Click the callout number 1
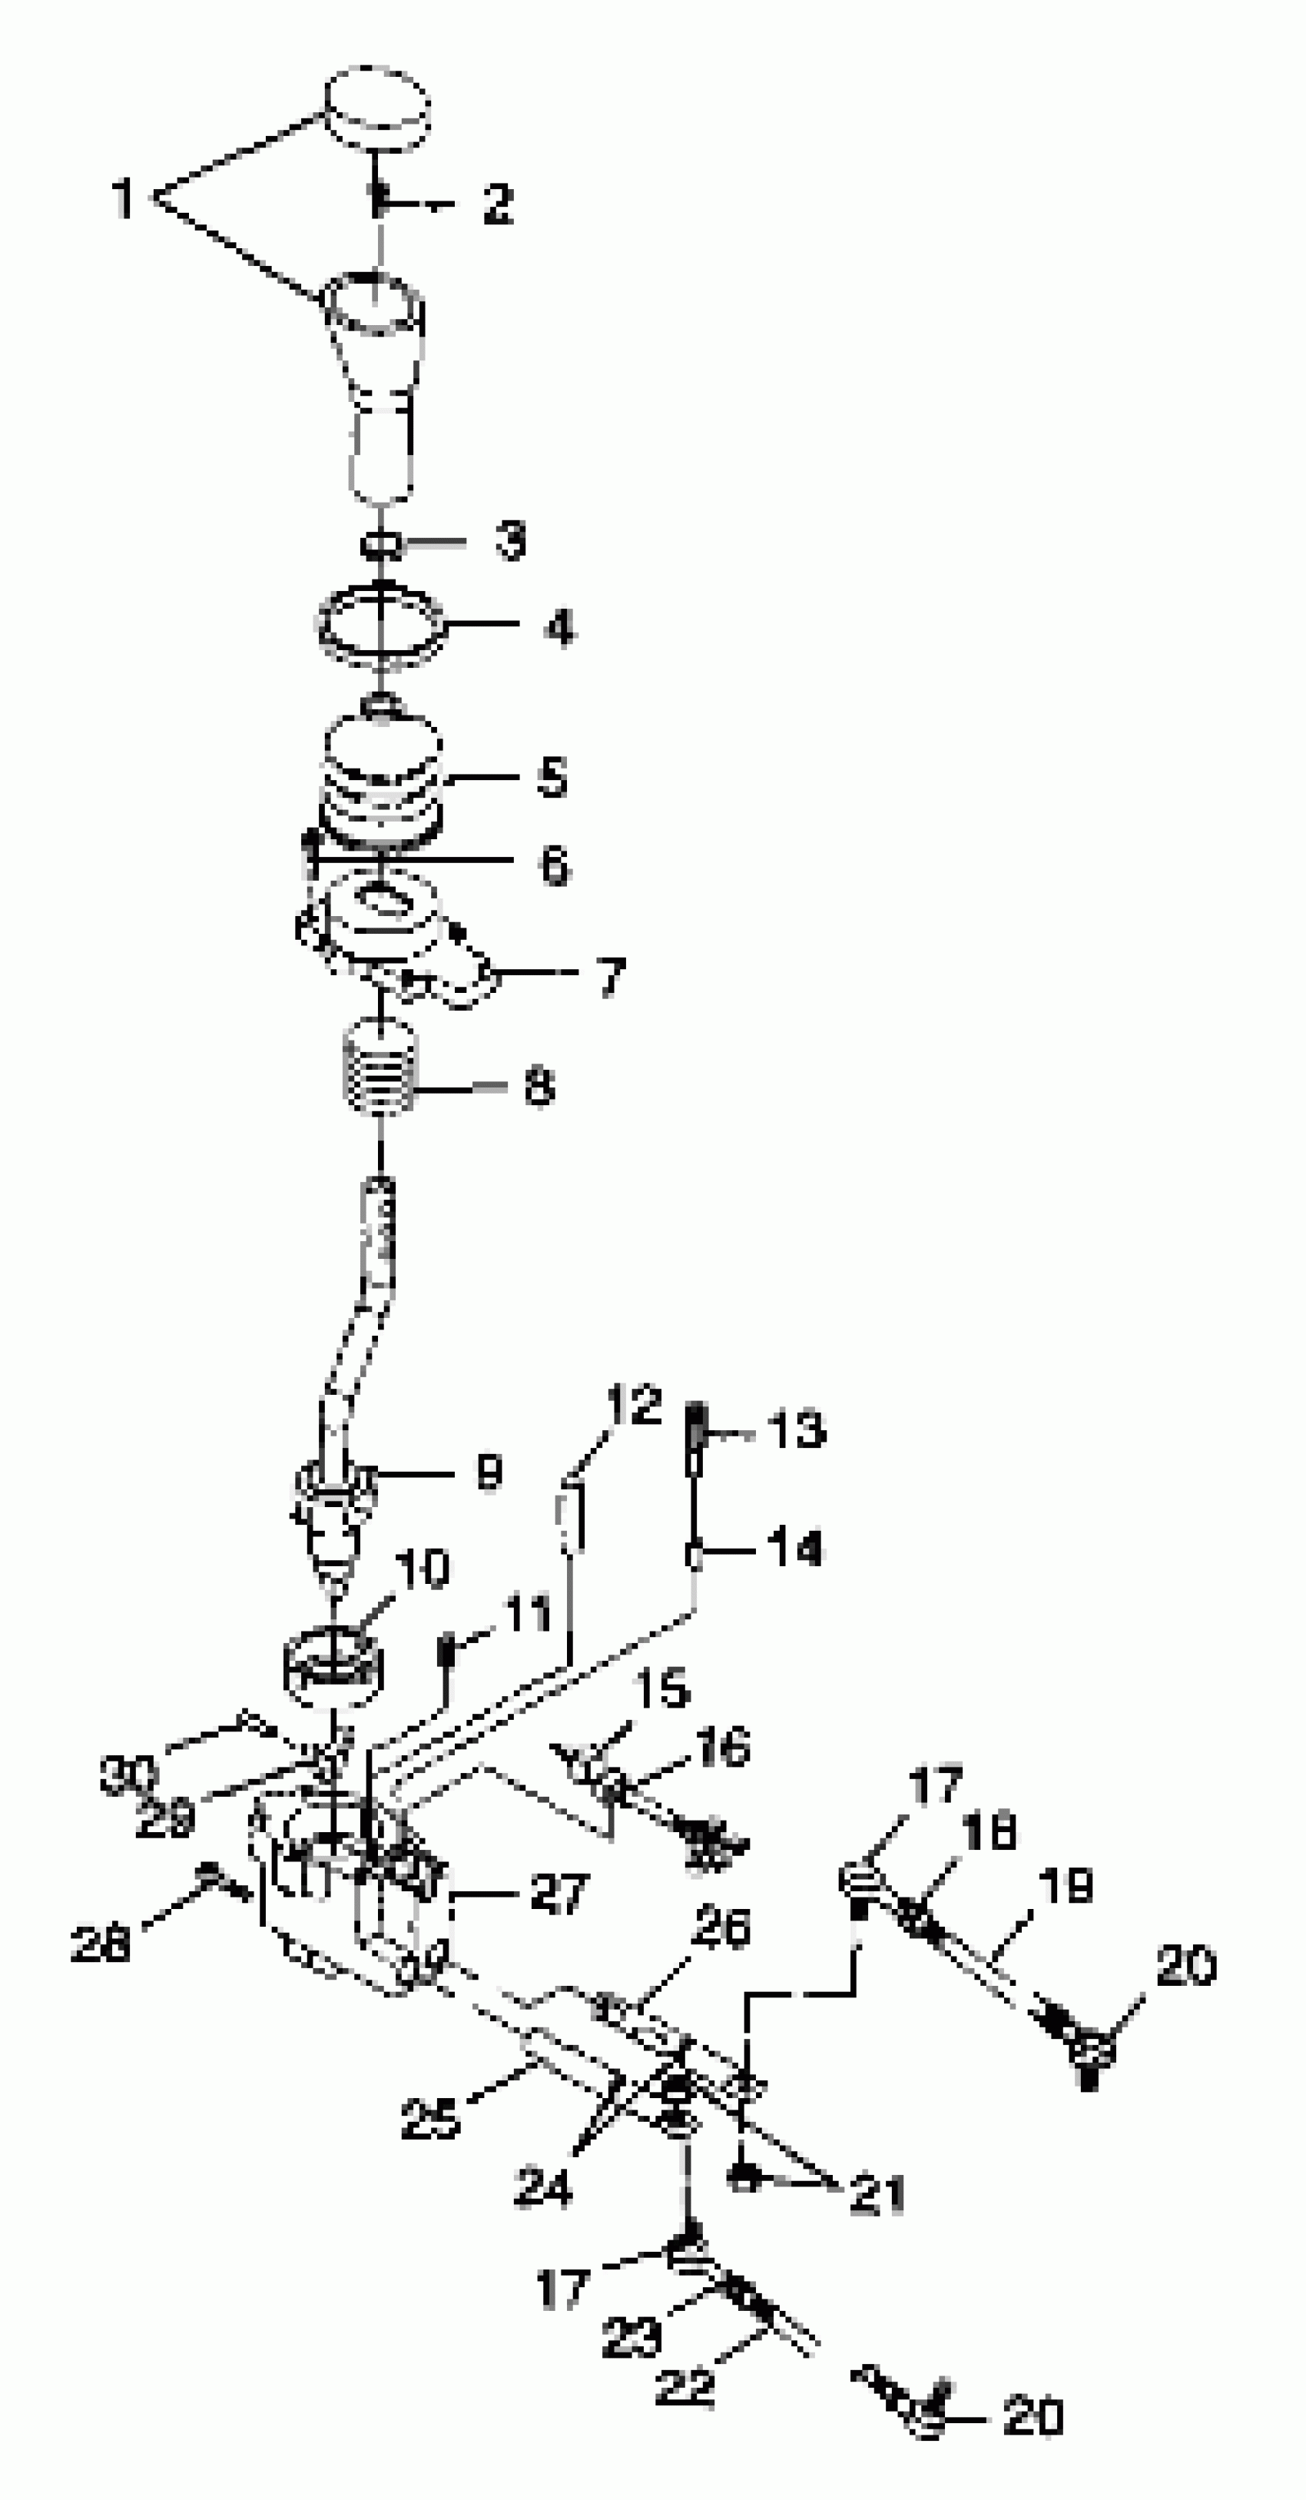123,199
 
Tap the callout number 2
497,204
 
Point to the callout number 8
539,1086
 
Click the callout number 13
797,1429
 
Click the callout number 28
101,1944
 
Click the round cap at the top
376,107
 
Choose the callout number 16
723,1748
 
